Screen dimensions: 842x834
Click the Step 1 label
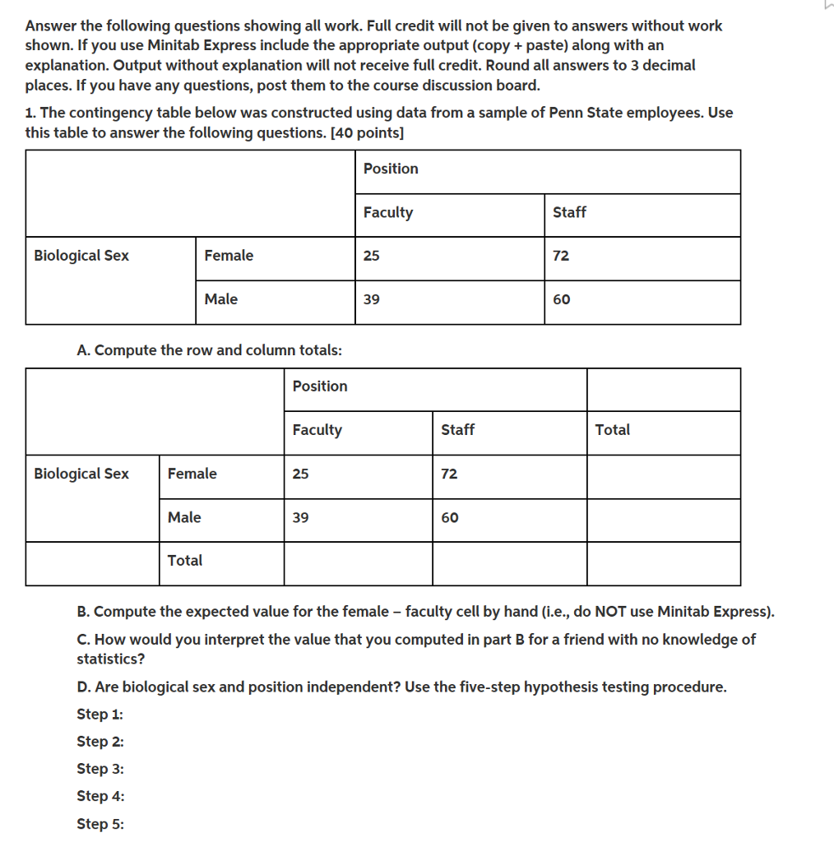point(100,714)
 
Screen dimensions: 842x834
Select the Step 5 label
point(100,823)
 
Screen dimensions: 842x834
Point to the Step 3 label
point(100,768)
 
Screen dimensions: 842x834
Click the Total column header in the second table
point(613,429)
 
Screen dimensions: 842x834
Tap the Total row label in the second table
point(185,560)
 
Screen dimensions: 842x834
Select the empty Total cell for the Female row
point(663,476)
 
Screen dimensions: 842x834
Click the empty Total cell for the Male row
point(663,520)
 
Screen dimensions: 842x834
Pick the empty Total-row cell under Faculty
point(358,563)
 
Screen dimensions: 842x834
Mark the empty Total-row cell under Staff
point(509,563)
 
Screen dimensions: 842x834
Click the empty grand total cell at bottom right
point(663,563)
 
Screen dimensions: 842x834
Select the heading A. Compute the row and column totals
point(210,349)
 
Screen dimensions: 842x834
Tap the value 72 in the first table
point(561,256)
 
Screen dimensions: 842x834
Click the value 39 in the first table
point(372,299)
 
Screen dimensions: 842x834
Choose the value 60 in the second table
point(450,517)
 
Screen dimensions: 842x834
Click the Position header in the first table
point(391,169)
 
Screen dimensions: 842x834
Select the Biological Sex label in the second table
point(81,474)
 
